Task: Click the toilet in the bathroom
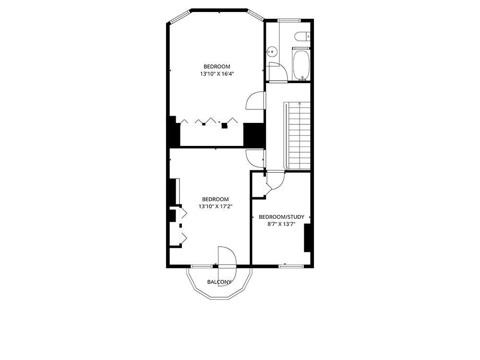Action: tap(303, 36)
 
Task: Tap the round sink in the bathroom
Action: tap(272, 52)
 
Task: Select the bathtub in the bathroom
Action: tap(301, 65)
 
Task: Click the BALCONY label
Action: tap(219, 282)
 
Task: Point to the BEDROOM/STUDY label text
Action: tap(281, 217)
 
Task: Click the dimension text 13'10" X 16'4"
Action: tap(217, 74)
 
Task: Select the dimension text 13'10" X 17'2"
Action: tap(216, 206)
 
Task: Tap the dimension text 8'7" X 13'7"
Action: tap(281, 224)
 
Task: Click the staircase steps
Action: tap(300, 136)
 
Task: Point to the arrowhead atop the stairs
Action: tap(300, 104)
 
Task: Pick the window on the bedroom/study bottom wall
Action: tap(291, 266)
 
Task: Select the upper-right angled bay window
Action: tap(256, 16)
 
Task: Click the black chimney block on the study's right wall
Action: tap(307, 238)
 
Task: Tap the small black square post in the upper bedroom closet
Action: tap(225, 125)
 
